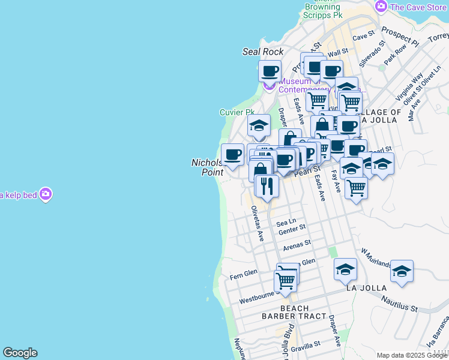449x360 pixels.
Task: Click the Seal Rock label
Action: (x=262, y=52)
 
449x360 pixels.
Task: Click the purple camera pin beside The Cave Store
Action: (x=381, y=7)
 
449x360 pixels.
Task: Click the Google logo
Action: (x=20, y=353)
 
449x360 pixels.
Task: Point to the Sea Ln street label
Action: (x=286, y=222)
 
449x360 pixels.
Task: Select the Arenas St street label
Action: (x=297, y=244)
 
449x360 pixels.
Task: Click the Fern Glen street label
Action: (x=244, y=273)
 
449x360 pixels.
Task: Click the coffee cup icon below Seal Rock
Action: (x=270, y=71)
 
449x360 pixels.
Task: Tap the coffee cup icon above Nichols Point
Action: (x=232, y=155)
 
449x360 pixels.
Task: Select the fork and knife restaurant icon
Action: (x=267, y=185)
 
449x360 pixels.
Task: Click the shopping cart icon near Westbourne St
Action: (x=285, y=280)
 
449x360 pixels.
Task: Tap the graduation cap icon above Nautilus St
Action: (x=402, y=271)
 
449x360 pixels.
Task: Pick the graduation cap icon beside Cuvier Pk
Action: (x=259, y=125)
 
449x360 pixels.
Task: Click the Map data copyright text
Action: (x=412, y=355)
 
